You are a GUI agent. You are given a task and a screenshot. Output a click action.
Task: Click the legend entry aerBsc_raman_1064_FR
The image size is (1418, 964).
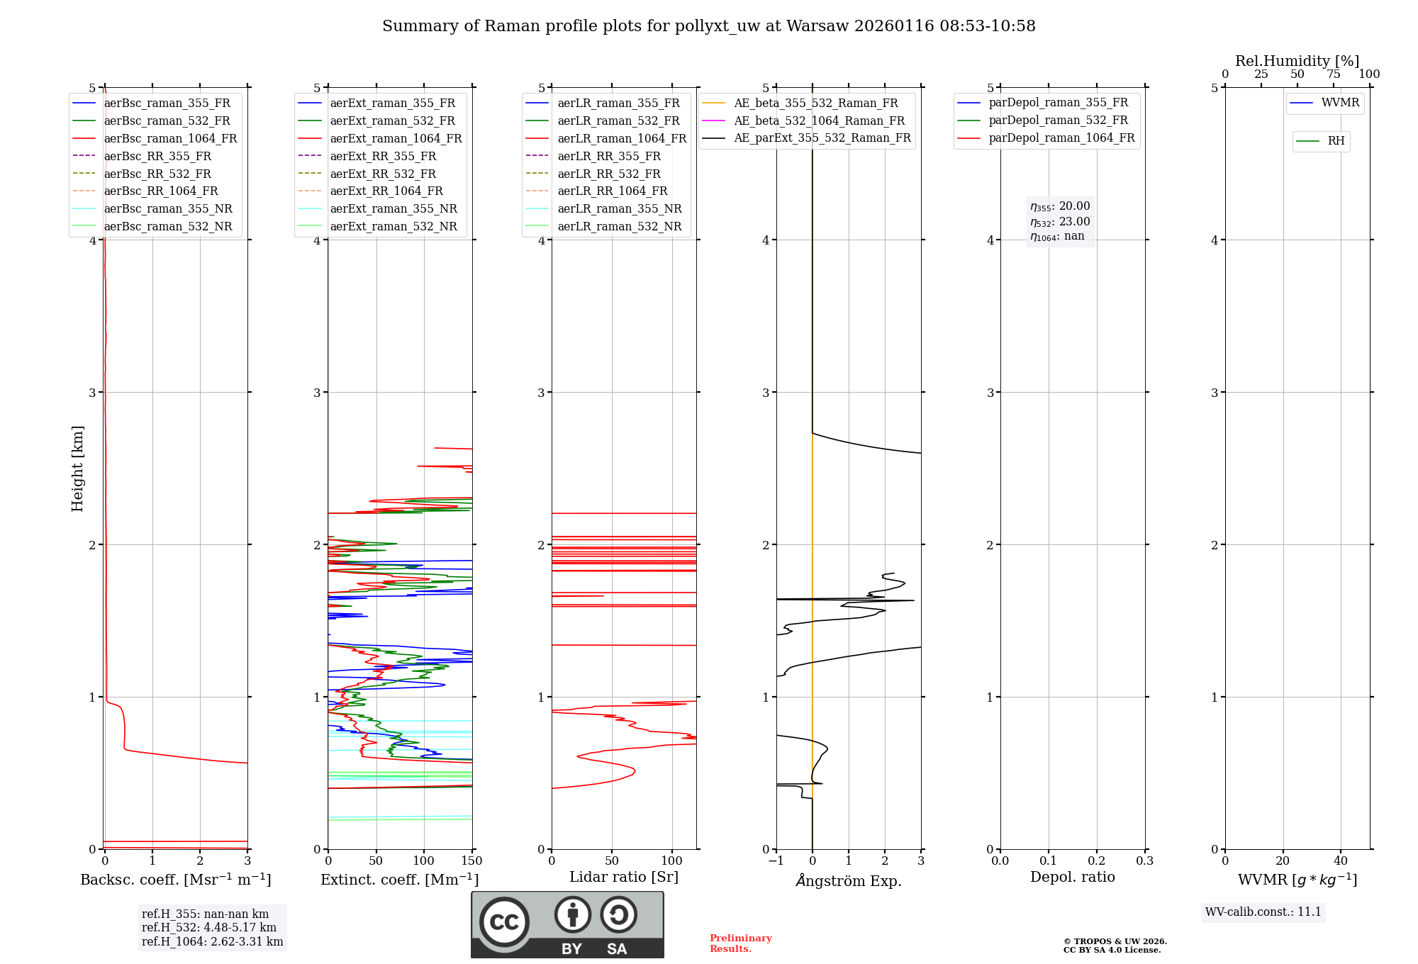click(170, 139)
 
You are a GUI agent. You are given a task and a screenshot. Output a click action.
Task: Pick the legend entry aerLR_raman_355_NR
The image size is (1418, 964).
click(619, 209)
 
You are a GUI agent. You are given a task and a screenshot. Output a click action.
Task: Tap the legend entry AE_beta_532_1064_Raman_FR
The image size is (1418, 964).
click(819, 121)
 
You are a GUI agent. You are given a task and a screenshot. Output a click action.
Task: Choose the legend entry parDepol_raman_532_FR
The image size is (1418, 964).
click(1058, 120)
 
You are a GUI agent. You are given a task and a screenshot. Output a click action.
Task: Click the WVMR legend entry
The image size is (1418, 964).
click(1340, 103)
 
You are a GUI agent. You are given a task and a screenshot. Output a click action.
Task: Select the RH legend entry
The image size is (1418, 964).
click(1336, 141)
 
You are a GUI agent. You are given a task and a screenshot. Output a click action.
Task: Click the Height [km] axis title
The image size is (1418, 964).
click(77, 469)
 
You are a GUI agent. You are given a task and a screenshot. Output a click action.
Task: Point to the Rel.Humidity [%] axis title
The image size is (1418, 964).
click(1297, 61)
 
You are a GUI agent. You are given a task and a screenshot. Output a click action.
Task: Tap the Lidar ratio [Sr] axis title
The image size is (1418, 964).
click(624, 878)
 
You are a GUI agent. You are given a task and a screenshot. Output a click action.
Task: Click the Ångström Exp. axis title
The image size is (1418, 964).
click(849, 881)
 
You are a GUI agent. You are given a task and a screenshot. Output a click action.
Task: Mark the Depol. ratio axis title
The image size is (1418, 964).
click(1073, 878)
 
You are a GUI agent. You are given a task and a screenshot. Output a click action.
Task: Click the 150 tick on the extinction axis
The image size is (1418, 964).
click(471, 861)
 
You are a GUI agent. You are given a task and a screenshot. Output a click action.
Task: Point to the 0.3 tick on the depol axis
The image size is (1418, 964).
click(1144, 861)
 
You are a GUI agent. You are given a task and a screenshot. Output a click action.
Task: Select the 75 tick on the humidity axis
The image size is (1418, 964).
click(1334, 74)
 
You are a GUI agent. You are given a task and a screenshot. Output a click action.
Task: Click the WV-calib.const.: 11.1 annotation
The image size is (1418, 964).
click(1263, 912)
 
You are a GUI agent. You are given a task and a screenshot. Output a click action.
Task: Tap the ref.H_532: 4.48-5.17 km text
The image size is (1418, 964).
click(208, 928)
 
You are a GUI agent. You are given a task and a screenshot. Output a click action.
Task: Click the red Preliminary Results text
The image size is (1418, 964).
click(740, 943)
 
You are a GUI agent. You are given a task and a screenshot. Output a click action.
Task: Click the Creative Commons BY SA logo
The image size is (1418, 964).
click(567, 925)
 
